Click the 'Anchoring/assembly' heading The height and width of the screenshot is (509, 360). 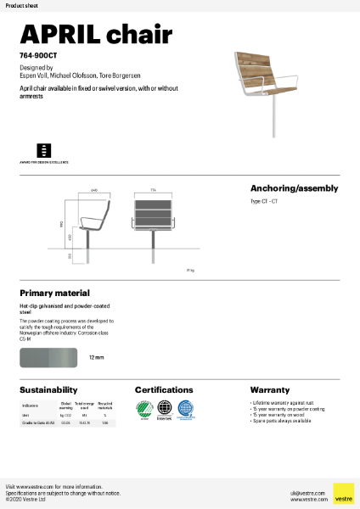coord(294,188)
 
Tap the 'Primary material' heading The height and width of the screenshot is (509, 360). coord(54,293)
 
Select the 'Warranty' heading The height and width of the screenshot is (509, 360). coord(270,389)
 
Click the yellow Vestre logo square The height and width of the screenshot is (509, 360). coord(343,493)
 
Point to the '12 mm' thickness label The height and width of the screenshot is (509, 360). coord(97,358)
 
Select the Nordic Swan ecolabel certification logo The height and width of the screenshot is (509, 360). coord(143,408)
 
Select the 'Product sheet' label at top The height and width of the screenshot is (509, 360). coord(20,5)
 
